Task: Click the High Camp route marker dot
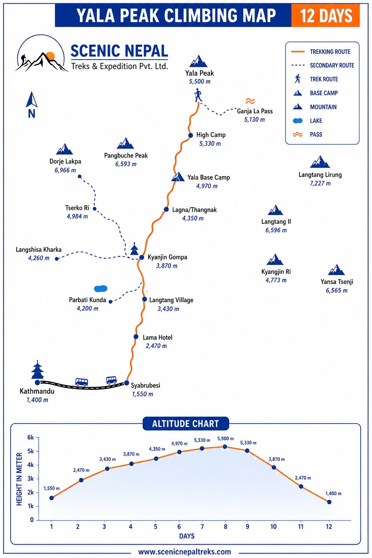[x=190, y=135]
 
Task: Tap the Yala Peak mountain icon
[x=198, y=61]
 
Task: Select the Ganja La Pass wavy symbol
[x=250, y=101]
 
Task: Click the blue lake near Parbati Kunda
[x=101, y=288]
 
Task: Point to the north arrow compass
[x=31, y=105]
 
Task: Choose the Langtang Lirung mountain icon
[x=320, y=162]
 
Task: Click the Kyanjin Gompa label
[x=167, y=257]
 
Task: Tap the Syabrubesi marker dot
[x=126, y=383]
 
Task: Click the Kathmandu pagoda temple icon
[x=37, y=370]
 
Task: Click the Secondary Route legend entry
[x=323, y=65]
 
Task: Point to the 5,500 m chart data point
[x=225, y=446]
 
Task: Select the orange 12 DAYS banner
[x=325, y=15]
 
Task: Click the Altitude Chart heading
[x=186, y=424]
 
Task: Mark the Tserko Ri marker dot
[x=94, y=209]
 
